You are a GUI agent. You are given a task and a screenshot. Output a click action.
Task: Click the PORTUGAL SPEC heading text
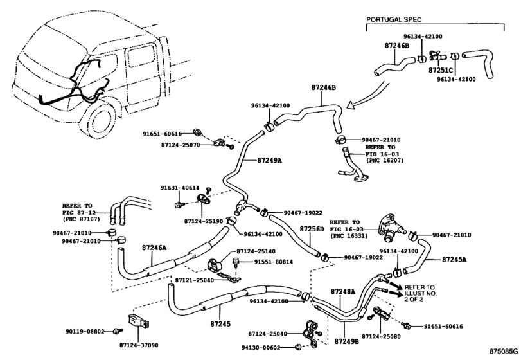[394, 20]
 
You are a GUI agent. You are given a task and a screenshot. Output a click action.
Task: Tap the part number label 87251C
[441, 71]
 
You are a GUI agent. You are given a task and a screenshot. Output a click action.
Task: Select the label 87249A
[269, 160]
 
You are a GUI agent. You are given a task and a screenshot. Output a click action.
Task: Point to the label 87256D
[312, 229]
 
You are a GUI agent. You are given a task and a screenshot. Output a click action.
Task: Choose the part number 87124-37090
[139, 345]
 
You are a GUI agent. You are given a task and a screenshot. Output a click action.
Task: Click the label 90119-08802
[85, 332]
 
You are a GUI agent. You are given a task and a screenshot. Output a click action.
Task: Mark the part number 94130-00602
[261, 348]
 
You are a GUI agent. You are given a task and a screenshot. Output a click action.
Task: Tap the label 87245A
[454, 259]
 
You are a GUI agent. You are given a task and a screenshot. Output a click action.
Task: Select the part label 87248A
[343, 292]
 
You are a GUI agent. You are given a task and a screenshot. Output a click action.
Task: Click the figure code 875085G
[503, 352]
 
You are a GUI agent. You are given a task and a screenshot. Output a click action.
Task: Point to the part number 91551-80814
[274, 262]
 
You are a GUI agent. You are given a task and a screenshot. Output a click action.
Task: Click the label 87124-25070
[181, 145]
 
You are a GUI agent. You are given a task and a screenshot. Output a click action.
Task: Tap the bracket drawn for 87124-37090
[139, 322]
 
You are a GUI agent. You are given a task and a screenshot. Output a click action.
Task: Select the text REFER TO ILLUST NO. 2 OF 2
[420, 293]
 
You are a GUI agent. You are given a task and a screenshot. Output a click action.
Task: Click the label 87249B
[346, 341]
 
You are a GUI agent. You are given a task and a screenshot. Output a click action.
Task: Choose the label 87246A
[154, 248]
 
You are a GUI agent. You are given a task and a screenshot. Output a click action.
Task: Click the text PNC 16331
[348, 237]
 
